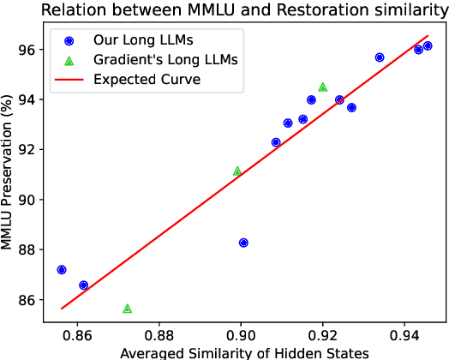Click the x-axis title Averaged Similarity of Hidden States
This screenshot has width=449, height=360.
point(244,352)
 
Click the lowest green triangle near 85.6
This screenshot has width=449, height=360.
point(128,309)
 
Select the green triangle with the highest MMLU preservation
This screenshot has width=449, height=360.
point(322,87)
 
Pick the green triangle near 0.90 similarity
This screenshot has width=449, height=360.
point(237,171)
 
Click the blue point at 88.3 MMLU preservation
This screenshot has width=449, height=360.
point(243,243)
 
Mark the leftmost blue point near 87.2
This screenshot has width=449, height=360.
point(62,269)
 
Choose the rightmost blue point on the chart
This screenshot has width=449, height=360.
point(428,45)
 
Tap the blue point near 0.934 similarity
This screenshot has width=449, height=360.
point(380,57)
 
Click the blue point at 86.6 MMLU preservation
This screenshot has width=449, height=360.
point(83,285)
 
